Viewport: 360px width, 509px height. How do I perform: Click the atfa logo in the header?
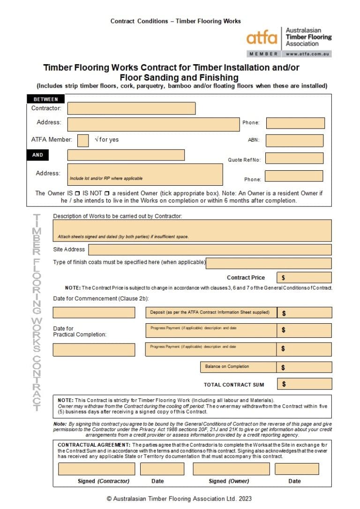click(262, 37)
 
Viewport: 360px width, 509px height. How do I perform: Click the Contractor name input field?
click(131, 108)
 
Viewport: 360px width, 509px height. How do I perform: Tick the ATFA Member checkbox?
click(83, 140)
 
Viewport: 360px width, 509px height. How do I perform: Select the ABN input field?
click(294, 140)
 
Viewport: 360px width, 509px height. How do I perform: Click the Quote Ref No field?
click(294, 159)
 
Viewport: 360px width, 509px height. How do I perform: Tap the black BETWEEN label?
click(45, 99)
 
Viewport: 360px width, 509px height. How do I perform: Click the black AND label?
click(37, 155)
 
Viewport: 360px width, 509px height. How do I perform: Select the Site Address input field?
click(210, 250)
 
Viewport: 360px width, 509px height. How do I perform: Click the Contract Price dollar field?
click(304, 278)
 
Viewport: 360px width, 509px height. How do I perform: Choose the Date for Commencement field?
click(94, 312)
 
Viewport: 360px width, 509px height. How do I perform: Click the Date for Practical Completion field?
click(94, 349)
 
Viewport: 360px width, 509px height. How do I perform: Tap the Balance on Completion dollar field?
click(304, 367)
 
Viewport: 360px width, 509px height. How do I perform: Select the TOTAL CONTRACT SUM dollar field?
click(304, 384)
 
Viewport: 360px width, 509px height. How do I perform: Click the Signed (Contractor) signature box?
click(96, 469)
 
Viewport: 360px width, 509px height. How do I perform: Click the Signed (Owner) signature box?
click(231, 469)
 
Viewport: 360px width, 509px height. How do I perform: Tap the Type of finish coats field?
click(269, 263)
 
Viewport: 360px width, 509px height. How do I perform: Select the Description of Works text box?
click(192, 230)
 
